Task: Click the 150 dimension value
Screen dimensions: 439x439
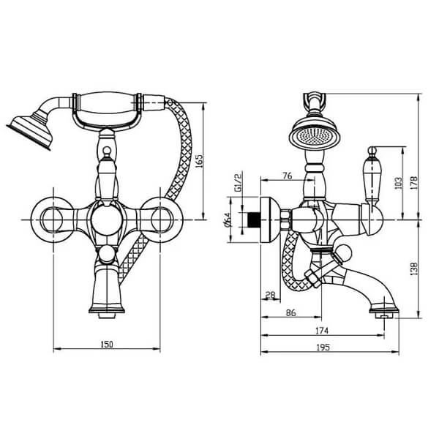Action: coord(107,344)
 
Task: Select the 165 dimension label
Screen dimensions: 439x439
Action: coord(199,161)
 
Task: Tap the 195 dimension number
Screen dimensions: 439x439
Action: coord(323,348)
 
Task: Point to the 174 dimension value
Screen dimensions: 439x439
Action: coord(322,331)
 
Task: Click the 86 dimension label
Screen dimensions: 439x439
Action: coord(291,312)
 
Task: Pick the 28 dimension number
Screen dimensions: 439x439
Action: coord(270,295)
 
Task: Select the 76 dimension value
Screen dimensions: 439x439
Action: coord(288,176)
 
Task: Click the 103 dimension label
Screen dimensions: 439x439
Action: coord(398,183)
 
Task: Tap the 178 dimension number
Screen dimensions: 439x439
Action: coord(414,183)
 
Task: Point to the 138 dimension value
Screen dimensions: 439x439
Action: coord(414,269)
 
